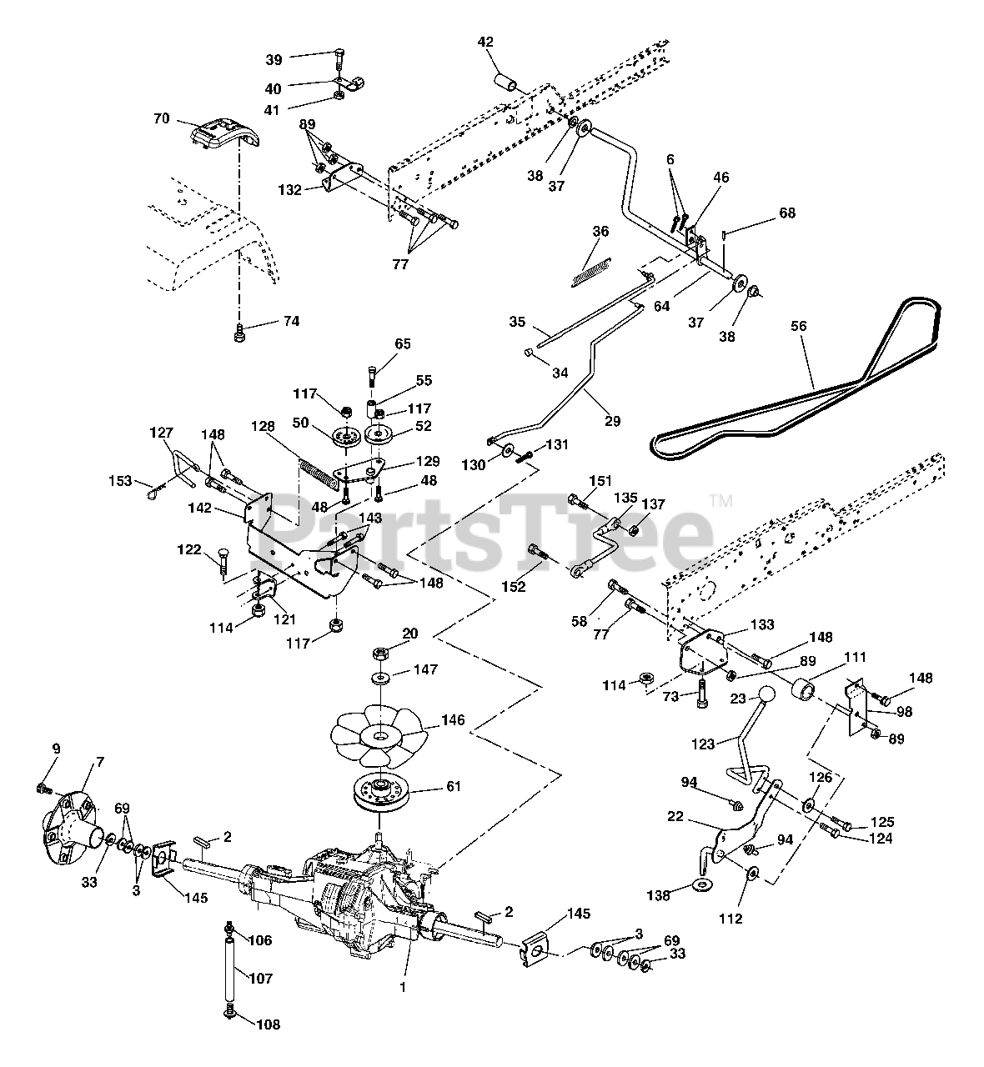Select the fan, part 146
coord(379,734)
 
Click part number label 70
coord(161,118)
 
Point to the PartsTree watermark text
coord(492,528)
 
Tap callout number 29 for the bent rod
coord(612,421)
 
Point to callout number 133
coord(761,624)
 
